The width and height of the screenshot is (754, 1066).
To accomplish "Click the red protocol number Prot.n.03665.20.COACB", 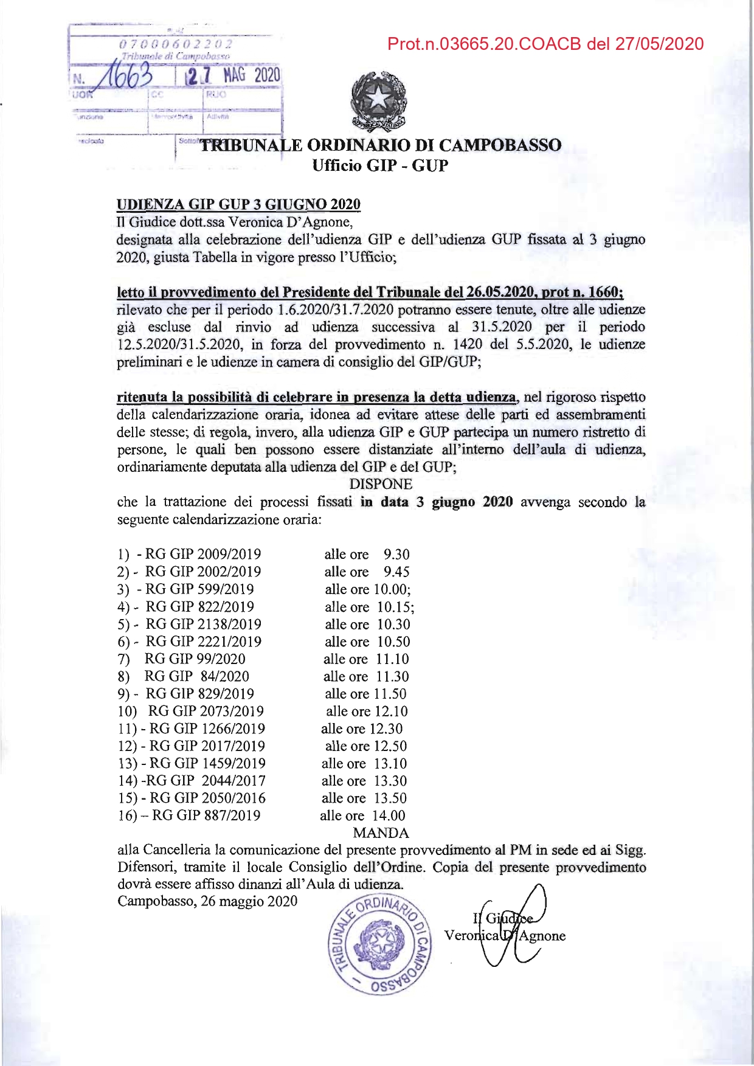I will (545, 44).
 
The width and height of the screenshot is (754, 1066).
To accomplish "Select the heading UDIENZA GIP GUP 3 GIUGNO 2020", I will (238, 204).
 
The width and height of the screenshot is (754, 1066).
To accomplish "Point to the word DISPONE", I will (381, 485).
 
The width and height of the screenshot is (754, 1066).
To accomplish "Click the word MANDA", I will (381, 833).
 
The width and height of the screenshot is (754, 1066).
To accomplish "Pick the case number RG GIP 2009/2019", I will (203, 554).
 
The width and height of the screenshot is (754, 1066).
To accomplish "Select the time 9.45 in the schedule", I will (396, 572).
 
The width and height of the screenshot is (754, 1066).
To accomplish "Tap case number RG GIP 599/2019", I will (199, 589).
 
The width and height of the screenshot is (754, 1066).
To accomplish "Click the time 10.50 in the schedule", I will (393, 642).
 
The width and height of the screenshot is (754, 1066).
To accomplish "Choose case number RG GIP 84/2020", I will (196, 677).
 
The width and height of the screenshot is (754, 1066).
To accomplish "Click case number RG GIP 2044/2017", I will (208, 781).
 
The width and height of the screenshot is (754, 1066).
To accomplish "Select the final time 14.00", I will (389, 815).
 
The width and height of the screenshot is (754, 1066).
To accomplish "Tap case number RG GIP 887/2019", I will (206, 815).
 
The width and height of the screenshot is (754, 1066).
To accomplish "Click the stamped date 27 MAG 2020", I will (233, 75).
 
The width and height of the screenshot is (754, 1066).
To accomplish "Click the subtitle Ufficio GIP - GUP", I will (380, 165).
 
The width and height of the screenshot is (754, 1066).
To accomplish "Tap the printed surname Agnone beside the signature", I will (542, 936).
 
